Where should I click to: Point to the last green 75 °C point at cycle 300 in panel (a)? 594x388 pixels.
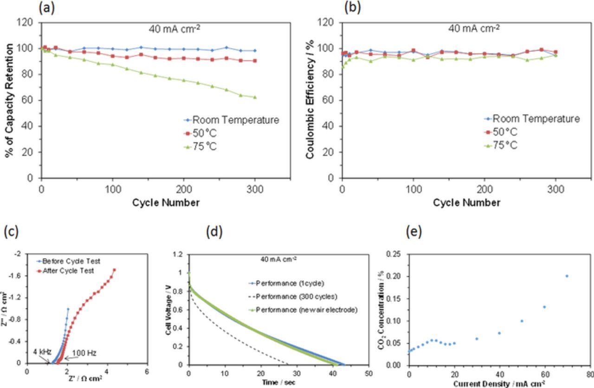point(255,97)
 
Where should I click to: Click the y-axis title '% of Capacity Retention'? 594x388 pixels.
point(9,100)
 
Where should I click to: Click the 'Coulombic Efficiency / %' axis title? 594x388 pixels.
point(310,100)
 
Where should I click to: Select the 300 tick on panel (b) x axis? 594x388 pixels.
point(555,189)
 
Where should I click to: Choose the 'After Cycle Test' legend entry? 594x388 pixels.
point(75,271)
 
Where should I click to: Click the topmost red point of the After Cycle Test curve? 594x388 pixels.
point(114,270)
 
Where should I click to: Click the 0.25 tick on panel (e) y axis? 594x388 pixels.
point(395,254)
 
